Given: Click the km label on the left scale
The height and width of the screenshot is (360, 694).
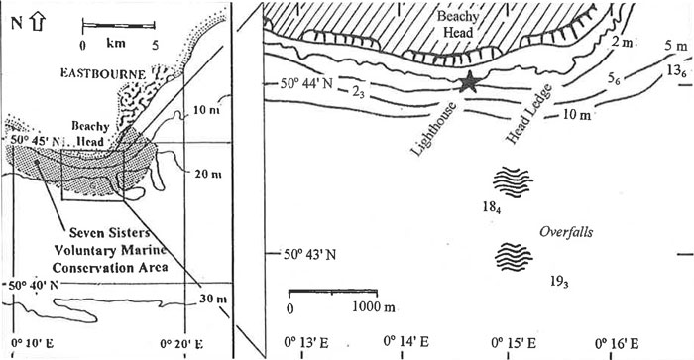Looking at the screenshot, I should (116, 45).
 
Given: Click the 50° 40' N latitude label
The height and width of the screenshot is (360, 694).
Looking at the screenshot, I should (28, 286).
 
